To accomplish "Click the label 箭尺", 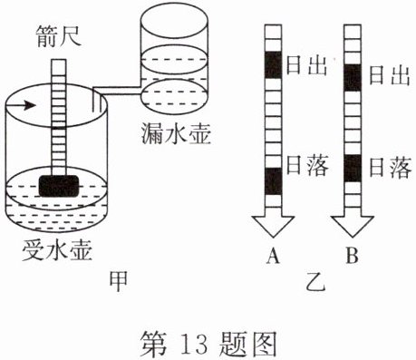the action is pos(59,36).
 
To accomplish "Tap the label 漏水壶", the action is pos(176,133).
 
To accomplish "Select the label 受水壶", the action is pos(57,249).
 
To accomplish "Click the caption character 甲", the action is pos(118,282).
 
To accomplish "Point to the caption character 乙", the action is pos(316,282).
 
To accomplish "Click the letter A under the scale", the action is pos(273,255).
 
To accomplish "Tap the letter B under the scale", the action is pos(353,255).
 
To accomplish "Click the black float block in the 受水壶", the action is pos(59,186).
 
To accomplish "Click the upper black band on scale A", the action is pos(274,65).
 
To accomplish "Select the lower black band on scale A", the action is pos(274,181).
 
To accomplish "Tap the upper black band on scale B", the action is pos(353,77).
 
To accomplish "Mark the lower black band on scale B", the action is pos(353,168).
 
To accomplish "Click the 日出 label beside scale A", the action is pos(306,65).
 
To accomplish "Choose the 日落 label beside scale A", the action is pos(307,165).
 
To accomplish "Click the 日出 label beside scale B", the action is pos(390,75).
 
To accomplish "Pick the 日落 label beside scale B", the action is pos(391,167).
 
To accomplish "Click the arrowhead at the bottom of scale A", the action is pos(274,227).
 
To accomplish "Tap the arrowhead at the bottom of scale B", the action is pos(353,227).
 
